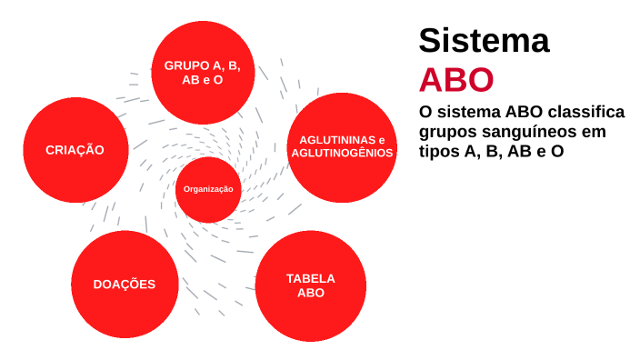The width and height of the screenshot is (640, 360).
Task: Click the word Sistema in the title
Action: [484, 41]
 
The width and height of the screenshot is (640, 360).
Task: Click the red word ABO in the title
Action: [455, 79]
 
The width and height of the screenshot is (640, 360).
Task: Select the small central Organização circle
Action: [208, 189]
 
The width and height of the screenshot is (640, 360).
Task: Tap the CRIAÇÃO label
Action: [75, 150]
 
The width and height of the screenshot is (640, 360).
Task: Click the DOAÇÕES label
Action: [125, 284]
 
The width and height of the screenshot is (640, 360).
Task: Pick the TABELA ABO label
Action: [310, 285]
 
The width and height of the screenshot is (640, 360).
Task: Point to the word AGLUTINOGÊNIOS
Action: [342, 153]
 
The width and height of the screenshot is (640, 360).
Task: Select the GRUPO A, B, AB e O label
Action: [202, 73]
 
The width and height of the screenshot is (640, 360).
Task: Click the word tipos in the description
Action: [439, 152]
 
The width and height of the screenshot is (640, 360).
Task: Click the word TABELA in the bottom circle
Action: [310, 278]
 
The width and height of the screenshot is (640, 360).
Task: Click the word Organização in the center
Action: [208, 189]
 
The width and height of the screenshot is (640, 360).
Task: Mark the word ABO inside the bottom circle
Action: [310, 293]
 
